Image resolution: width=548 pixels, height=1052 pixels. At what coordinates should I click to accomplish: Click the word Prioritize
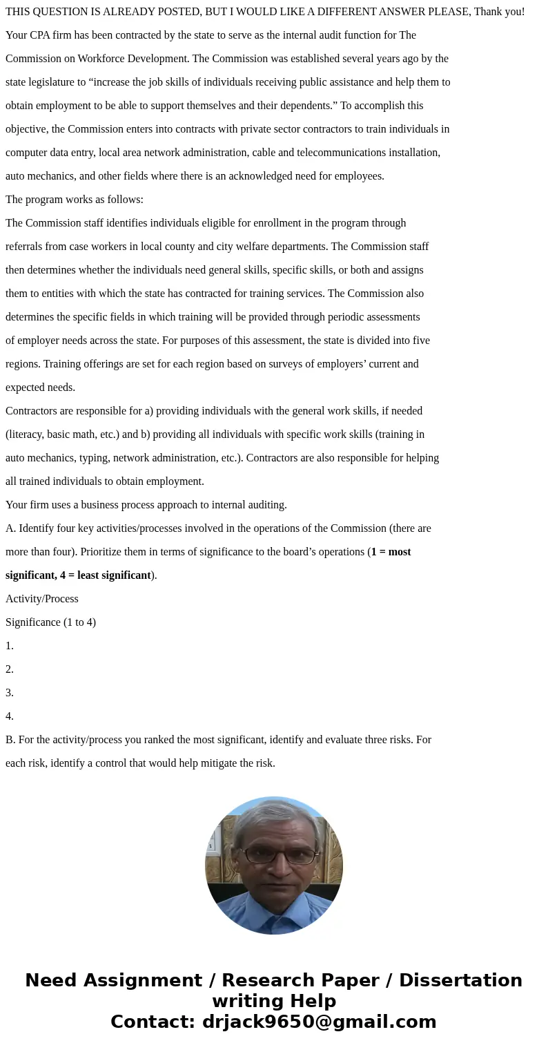pos(103,552)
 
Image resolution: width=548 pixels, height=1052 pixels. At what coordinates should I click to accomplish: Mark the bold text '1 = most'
pos(391,552)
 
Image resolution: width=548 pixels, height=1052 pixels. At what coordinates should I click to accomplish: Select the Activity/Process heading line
pos(42,599)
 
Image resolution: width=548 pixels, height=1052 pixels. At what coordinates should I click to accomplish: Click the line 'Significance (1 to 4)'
pos(50,622)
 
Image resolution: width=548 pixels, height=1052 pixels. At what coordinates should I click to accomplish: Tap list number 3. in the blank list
pos(10,693)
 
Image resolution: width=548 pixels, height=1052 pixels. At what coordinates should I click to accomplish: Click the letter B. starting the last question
pos(10,740)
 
